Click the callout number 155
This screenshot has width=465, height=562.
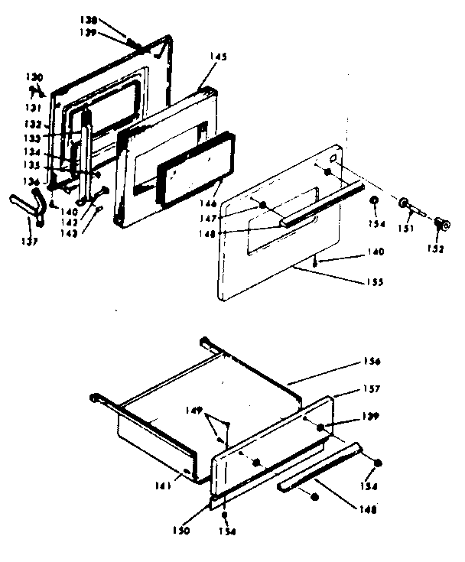[x=375, y=282]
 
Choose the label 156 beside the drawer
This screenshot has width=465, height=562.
[x=373, y=360]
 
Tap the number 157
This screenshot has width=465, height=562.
[x=373, y=390]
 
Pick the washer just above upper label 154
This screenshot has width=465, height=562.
[x=374, y=201]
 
